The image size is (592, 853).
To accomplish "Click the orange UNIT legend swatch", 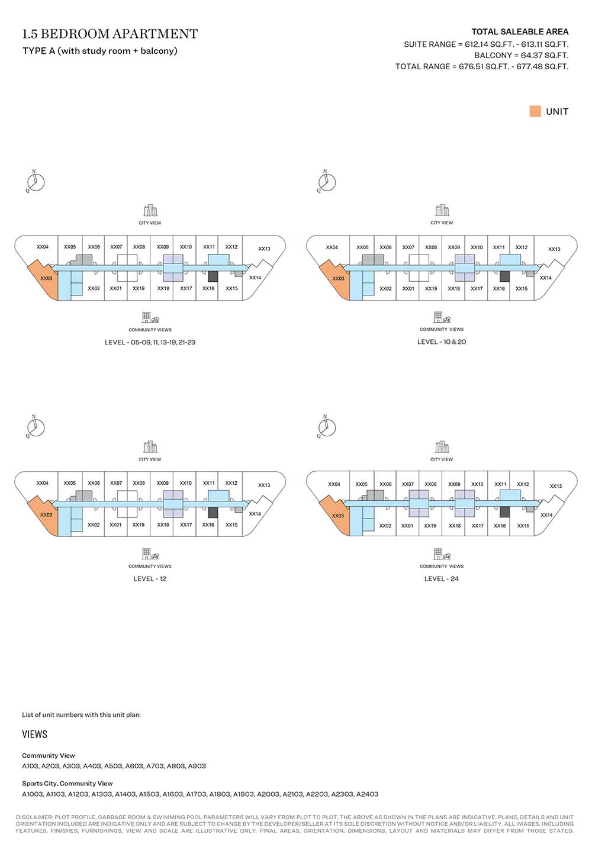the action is pyautogui.click(x=535, y=111).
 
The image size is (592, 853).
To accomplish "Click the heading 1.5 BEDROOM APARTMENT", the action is pyautogui.click(x=110, y=34).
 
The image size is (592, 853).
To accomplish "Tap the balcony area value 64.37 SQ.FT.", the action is pyautogui.click(x=545, y=55).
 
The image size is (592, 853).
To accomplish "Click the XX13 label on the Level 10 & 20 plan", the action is pyautogui.click(x=554, y=249).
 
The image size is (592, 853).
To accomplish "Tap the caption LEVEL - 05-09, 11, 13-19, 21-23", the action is pyautogui.click(x=150, y=342).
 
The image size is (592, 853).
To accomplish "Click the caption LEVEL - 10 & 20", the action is pyautogui.click(x=442, y=342).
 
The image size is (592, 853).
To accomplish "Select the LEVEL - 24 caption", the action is pyautogui.click(x=442, y=579).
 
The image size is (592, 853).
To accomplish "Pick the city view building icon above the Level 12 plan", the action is pyautogui.click(x=150, y=447).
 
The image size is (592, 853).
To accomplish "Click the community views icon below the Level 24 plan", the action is pyautogui.click(x=442, y=553).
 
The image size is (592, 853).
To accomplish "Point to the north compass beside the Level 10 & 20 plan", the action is pyautogui.click(x=326, y=181).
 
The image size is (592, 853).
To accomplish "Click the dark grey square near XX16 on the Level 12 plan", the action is pyautogui.click(x=213, y=512).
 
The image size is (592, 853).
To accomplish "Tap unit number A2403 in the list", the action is pyautogui.click(x=367, y=794).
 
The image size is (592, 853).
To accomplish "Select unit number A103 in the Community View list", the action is pyautogui.click(x=30, y=766).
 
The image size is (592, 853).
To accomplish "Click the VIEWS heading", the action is pyautogui.click(x=35, y=734).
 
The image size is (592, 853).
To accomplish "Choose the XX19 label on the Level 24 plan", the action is pyautogui.click(x=430, y=526).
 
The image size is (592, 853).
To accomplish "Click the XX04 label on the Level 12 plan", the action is pyautogui.click(x=42, y=483).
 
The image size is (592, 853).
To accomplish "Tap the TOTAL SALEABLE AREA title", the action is pyautogui.click(x=520, y=31).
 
